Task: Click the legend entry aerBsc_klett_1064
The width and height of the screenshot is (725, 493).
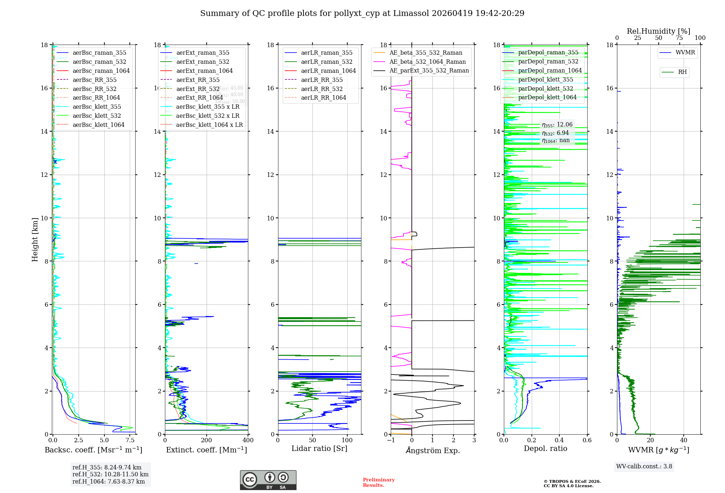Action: click(x=98, y=125)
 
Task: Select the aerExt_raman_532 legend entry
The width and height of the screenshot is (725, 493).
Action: click(x=203, y=62)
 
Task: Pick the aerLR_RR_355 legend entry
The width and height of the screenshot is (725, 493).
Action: click(x=322, y=80)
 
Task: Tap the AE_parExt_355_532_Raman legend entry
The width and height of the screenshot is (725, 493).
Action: click(x=429, y=70)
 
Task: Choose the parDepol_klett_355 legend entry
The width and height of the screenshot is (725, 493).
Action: click(x=546, y=79)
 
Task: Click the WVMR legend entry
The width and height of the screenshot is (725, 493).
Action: click(x=685, y=53)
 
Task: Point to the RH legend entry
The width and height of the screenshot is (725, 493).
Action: click(x=682, y=72)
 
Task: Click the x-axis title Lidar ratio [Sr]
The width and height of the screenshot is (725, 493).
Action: click(x=319, y=448)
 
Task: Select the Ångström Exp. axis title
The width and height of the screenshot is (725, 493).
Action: click(x=432, y=450)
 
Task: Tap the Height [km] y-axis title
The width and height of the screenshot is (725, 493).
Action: click(x=35, y=239)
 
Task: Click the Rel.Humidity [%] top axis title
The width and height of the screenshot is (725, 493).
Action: click(x=658, y=31)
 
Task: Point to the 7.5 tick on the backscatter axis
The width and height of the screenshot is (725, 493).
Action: click(x=130, y=440)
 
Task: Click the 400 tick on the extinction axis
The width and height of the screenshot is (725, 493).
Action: click(x=248, y=440)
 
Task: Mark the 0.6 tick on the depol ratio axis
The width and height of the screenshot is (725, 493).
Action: click(x=587, y=440)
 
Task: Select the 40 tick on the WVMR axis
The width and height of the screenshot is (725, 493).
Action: click(x=684, y=440)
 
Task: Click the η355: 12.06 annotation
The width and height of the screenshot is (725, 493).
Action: click(x=557, y=125)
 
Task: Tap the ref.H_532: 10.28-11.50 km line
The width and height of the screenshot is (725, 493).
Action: click(x=110, y=474)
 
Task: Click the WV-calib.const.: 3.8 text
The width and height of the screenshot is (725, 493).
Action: click(x=644, y=466)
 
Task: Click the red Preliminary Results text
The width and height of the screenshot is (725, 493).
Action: click(x=378, y=482)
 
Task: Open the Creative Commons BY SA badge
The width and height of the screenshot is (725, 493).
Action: click(x=268, y=480)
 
